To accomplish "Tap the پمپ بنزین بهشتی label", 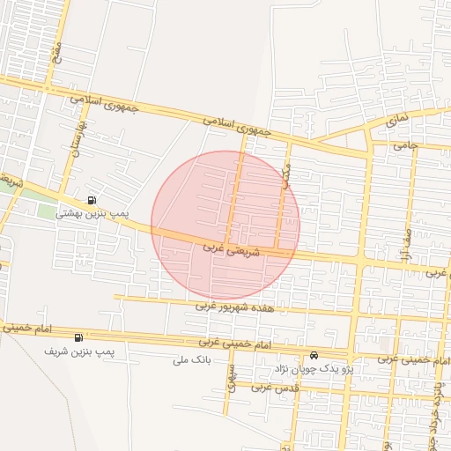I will [92, 213].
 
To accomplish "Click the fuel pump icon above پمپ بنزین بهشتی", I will [93, 199].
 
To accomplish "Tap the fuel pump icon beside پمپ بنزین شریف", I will [80, 337].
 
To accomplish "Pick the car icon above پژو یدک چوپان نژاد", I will [314, 356].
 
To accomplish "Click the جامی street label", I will [404, 144].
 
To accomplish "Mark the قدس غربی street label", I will [272, 387].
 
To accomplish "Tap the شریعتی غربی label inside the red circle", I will [233, 249].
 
